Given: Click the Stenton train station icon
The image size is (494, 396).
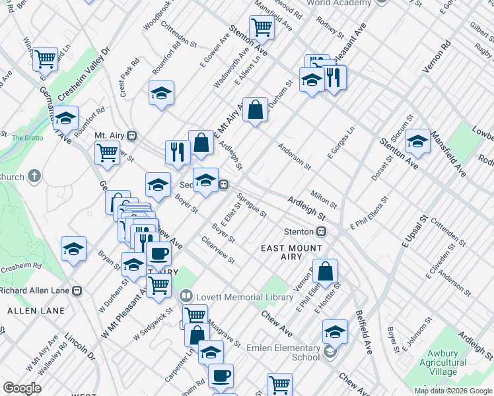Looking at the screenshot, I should [x=322, y=232].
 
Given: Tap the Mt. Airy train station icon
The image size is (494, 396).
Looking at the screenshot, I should [x=132, y=135].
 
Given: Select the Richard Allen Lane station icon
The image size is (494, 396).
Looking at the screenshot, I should [x=77, y=289].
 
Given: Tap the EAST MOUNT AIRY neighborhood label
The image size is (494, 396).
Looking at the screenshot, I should [x=291, y=253].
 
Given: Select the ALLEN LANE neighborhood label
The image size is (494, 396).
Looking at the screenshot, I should [x=36, y=310].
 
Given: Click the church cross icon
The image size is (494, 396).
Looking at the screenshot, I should [x=34, y=177].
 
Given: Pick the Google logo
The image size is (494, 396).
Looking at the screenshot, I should [x=22, y=388].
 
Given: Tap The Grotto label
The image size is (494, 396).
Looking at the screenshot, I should [x=27, y=138].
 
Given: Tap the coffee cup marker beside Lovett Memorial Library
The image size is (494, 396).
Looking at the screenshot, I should [x=158, y=253].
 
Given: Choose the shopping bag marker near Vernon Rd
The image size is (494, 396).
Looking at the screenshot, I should [x=326, y=271].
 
